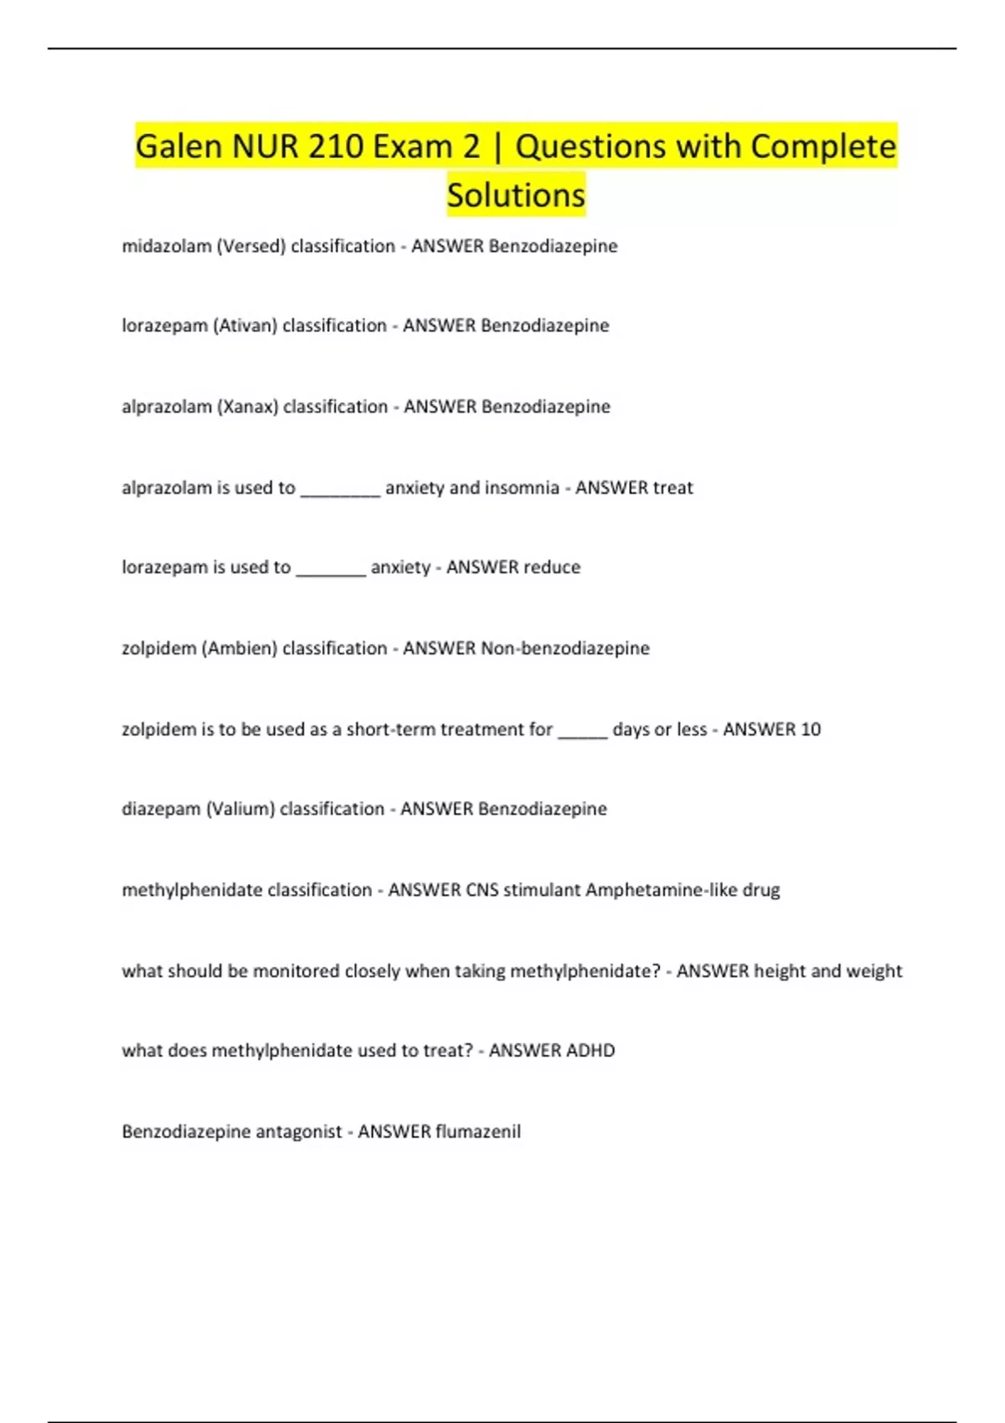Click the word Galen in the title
coord(178,146)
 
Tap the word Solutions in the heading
coord(516,195)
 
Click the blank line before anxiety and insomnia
coord(340,490)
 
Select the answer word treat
coord(673,488)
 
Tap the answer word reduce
coord(549,568)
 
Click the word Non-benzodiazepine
coord(565,649)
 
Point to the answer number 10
coord(811,730)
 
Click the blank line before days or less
coord(582,732)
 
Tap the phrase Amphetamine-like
coord(661,890)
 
